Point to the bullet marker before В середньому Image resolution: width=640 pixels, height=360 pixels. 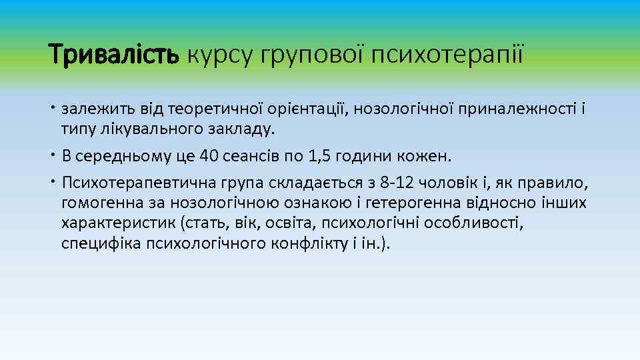54,156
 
